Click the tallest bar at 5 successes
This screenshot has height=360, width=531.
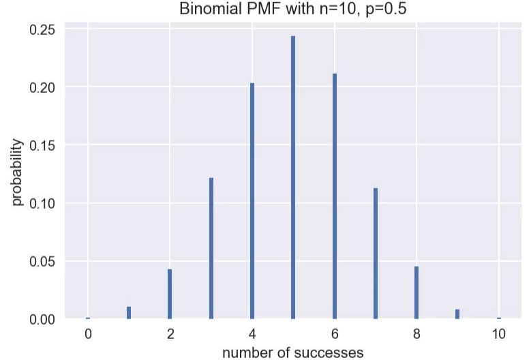(293, 177)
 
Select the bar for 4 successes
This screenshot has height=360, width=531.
(252, 201)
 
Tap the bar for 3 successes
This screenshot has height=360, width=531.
(211, 248)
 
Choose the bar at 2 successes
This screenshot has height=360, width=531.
(170, 294)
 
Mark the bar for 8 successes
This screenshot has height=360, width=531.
(416, 292)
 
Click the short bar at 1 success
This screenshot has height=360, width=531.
(129, 313)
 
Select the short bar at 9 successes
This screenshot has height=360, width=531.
(457, 314)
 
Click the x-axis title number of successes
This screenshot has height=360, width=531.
(293, 352)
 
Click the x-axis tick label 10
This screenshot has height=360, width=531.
(499, 334)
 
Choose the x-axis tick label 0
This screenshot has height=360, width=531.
(88, 334)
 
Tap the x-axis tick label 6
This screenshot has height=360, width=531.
(335, 334)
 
